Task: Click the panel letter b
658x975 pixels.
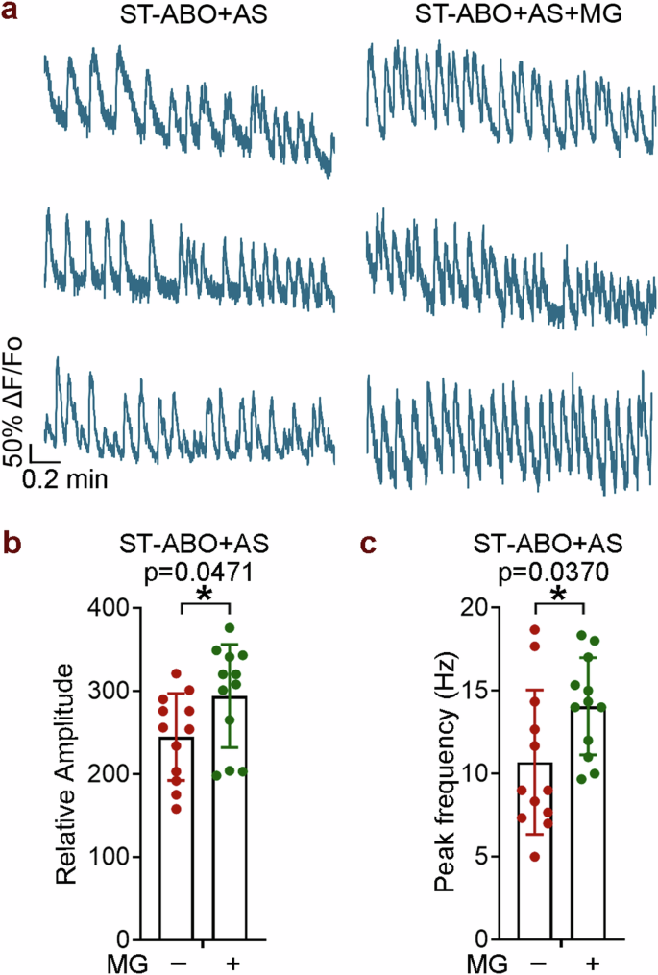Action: pyautogui.click(x=11, y=545)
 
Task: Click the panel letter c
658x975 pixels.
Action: pyautogui.click(x=367, y=545)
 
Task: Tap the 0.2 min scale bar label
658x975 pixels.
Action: pyautogui.click(x=65, y=476)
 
